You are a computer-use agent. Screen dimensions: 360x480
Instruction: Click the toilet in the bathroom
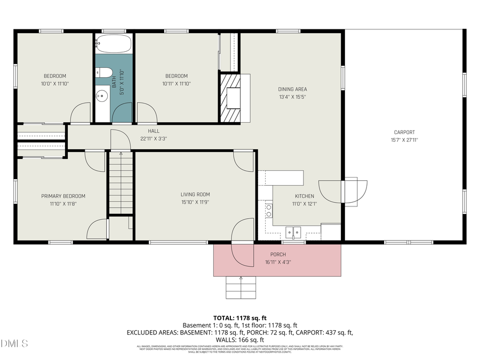coord(105,73)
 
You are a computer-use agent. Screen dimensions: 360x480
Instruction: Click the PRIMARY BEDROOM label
coord(63,196)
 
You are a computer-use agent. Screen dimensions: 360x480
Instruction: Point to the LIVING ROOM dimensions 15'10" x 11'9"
coord(195,202)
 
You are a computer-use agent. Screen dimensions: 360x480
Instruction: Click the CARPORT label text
coord(404,132)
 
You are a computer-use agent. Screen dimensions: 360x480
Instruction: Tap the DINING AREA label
coord(292,89)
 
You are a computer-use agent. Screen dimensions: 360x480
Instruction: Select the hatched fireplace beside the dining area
coord(230,98)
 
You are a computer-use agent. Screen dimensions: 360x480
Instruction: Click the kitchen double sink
coord(293,232)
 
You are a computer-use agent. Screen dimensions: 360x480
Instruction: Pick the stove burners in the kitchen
coord(269,210)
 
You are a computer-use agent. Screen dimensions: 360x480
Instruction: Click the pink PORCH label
coord(278,254)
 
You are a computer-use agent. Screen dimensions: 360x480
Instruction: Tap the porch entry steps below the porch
coord(241,288)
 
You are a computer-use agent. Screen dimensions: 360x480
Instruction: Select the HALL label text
coord(154,131)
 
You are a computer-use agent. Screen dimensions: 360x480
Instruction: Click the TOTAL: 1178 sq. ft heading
coord(239,318)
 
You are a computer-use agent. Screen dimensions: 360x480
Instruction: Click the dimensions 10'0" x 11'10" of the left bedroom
coord(55,84)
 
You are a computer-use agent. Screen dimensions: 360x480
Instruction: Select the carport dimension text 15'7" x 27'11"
coord(404,140)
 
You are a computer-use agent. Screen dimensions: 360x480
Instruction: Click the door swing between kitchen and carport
coord(342,191)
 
